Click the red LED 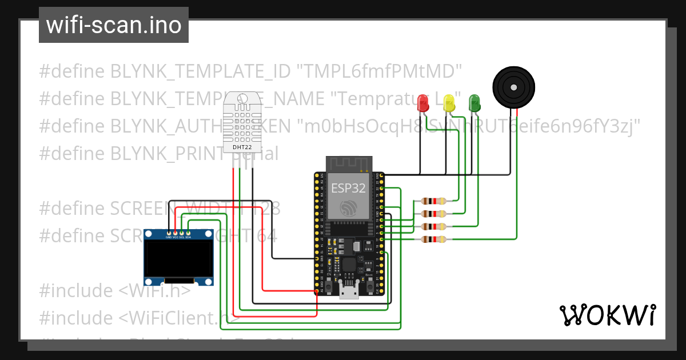click(424, 103)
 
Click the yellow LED click(449, 103)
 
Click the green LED click(474, 103)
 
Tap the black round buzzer click(514, 87)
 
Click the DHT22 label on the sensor click(242, 147)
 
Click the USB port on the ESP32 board click(349, 292)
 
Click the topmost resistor click(433, 201)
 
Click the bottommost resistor click(433, 239)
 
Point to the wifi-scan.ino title click(114, 25)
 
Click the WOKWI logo click(607, 315)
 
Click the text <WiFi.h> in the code click(155, 290)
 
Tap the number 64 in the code click(266, 235)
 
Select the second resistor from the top click(433, 214)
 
